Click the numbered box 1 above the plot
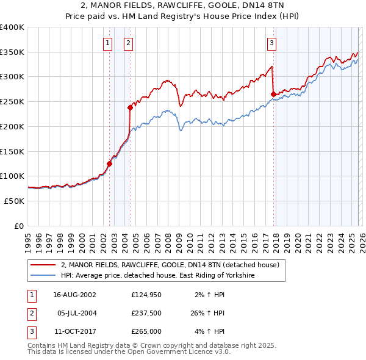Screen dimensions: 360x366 point(107,43)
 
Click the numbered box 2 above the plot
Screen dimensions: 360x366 point(129,43)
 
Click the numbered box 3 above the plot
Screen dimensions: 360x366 point(271,43)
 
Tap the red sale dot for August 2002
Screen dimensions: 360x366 point(110,164)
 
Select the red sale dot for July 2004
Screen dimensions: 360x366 point(130,107)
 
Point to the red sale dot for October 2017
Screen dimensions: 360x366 point(273,94)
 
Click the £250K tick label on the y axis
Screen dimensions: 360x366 point(12,101)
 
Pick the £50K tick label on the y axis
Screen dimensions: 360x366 point(14,201)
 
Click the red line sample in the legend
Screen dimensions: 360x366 point(43,265)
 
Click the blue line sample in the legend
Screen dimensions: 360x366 point(43,276)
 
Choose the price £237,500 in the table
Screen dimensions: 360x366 point(146,313)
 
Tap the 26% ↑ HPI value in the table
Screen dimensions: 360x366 point(206,313)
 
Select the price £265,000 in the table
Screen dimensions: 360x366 point(146,331)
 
